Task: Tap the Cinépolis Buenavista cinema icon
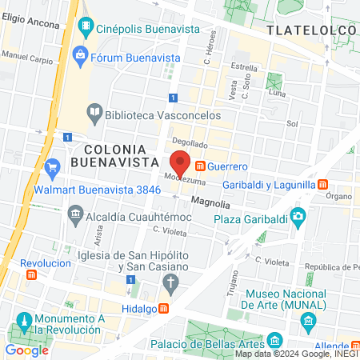[x=85, y=28]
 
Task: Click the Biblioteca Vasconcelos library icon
[x=94, y=113]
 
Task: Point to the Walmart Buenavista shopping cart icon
[x=53, y=168]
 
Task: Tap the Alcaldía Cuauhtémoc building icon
[x=75, y=214]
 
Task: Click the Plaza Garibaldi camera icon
[x=298, y=215]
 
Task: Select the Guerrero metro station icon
[x=199, y=166]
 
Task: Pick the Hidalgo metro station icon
[x=163, y=309]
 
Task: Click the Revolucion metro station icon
[x=32, y=274]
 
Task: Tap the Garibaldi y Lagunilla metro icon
[x=322, y=184]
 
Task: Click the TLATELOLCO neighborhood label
[x=310, y=30]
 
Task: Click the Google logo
[x=26, y=350]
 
